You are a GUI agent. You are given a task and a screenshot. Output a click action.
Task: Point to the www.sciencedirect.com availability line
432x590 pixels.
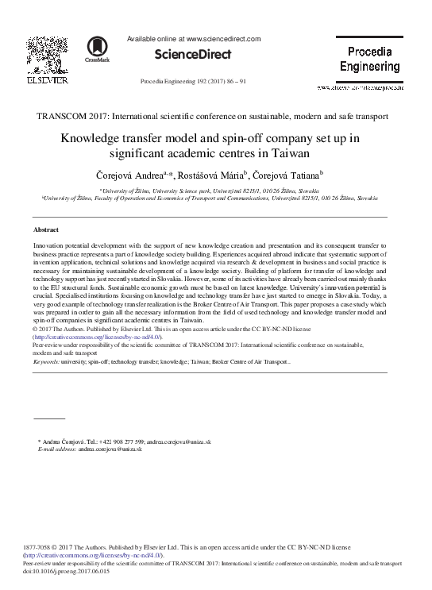point(194,38)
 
